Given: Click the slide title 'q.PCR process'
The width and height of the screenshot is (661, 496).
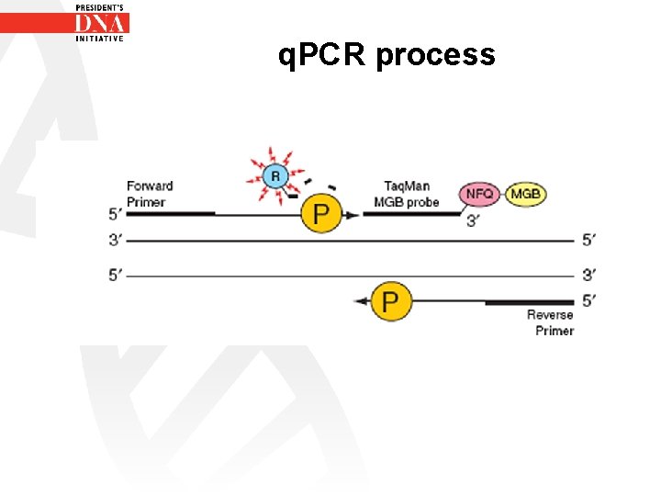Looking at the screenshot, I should pos(387,55).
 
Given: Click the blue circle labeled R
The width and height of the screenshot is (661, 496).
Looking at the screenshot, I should pos(274,175).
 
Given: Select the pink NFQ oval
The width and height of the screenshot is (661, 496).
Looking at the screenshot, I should pos(480,194).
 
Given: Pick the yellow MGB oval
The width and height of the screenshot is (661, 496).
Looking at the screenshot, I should pos(526,194).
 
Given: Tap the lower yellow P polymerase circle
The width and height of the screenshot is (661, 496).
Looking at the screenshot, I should pos(391,301).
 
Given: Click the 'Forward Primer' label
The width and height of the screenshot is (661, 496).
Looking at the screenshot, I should pos(150,194).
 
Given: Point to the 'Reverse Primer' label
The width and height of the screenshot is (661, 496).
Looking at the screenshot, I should pos(550,322).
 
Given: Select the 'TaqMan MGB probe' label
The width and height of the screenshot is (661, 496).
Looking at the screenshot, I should pos(406,194).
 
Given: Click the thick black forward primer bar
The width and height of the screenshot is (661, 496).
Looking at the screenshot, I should pos(170,214).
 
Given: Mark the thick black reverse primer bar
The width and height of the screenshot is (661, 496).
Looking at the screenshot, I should pos(530,301).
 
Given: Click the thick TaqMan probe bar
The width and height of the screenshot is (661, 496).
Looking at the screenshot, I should pos(410,214).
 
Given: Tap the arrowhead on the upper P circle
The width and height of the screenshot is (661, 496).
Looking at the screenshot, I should pos(352,215).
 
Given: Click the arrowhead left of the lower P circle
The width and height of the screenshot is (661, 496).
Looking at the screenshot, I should pos(360,301).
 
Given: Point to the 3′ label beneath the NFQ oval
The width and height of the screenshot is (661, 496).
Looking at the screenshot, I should pos(472,221).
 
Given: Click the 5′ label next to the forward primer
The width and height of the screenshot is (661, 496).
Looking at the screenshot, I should pos(115,214).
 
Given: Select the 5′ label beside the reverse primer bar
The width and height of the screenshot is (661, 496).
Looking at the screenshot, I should pos(588,299).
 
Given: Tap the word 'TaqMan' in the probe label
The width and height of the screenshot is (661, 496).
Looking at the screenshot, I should pos(407,186).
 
